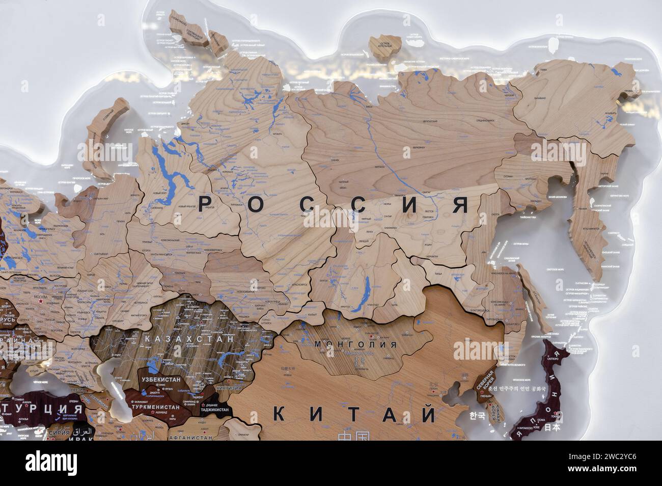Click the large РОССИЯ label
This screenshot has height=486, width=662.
[x=333, y=205]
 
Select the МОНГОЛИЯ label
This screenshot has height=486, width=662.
[x=355, y=344]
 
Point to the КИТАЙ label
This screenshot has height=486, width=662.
[x=355, y=414]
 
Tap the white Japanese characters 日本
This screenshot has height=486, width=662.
[x=553, y=427]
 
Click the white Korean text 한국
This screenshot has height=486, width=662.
[x=477, y=416]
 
